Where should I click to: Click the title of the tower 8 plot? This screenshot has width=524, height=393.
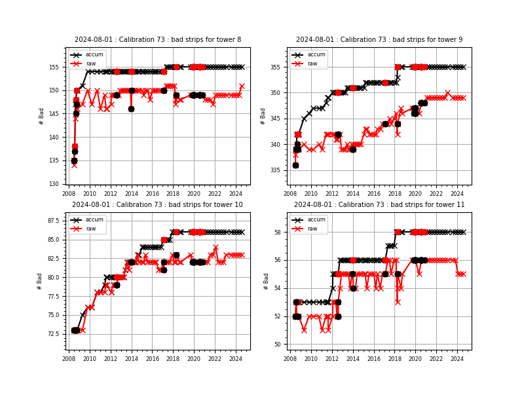[x=158, y=40]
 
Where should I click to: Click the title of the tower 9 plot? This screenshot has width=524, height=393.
[x=379, y=40]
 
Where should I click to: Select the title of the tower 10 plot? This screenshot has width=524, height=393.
[x=158, y=205]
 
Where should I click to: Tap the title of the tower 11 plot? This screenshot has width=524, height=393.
[x=379, y=205]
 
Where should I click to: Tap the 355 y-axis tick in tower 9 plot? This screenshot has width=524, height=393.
[x=277, y=67]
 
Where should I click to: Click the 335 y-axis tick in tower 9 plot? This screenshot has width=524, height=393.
[x=277, y=170]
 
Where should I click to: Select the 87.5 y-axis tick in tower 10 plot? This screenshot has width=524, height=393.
[x=54, y=221]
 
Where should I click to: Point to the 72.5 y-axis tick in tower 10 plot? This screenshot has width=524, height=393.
[x=54, y=334]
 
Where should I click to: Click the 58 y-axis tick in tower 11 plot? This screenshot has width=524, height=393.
[x=280, y=232]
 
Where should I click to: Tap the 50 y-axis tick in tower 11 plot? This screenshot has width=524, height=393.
[x=280, y=345]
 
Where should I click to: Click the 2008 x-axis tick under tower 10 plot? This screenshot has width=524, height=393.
[x=69, y=358]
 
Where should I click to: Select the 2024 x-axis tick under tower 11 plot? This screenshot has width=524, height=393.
[x=457, y=358]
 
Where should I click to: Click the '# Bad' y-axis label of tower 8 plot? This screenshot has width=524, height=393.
[x=41, y=116]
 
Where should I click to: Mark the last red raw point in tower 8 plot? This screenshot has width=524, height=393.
[x=242, y=86]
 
